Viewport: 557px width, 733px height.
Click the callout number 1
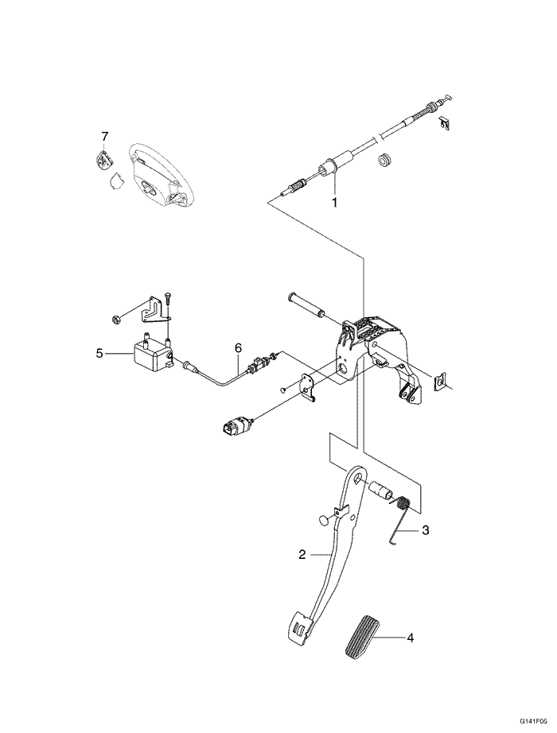pyautogui.click(x=334, y=203)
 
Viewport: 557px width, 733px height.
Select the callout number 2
pyautogui.click(x=302, y=555)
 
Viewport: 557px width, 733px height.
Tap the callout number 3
pyautogui.click(x=425, y=529)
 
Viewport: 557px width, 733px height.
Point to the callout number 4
pyautogui.click(x=411, y=637)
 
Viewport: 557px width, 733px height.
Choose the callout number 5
pyautogui.click(x=99, y=352)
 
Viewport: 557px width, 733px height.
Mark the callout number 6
pyautogui.click(x=237, y=347)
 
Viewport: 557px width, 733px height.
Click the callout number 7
pyautogui.click(x=104, y=136)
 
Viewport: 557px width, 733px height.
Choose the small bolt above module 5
pyautogui.click(x=169, y=303)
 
